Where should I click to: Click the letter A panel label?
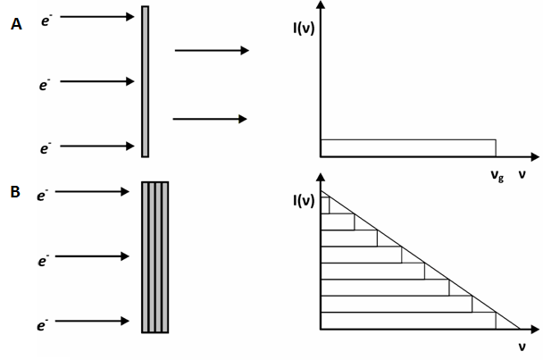(x=15, y=25)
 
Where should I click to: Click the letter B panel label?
(x=15, y=189)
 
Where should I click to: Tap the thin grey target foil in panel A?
(x=145, y=81)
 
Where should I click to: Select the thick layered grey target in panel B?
(x=155, y=257)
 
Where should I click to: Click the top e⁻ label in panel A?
(x=46, y=17)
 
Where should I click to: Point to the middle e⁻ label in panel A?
(x=45, y=83)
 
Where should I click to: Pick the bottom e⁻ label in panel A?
(x=45, y=148)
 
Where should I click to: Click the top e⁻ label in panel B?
(x=41, y=193)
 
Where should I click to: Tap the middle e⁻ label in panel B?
(x=42, y=261)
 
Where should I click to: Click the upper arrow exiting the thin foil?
(x=211, y=51)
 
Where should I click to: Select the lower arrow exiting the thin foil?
(x=209, y=119)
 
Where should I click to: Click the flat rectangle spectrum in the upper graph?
(x=407, y=147)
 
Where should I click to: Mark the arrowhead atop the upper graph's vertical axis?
(x=320, y=7)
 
